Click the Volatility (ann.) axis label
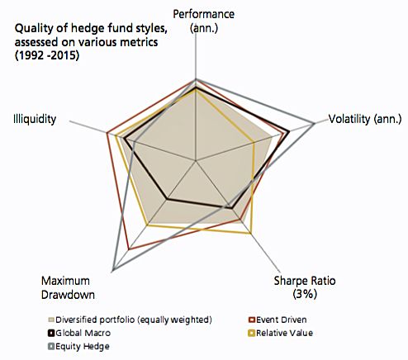[364, 118]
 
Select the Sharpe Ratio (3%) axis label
[305, 287]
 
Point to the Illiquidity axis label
[35, 119]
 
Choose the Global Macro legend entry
[84, 333]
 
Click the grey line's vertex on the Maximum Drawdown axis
[113, 271]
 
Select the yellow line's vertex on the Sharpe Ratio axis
[250, 234]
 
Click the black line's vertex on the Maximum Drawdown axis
[168, 199]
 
